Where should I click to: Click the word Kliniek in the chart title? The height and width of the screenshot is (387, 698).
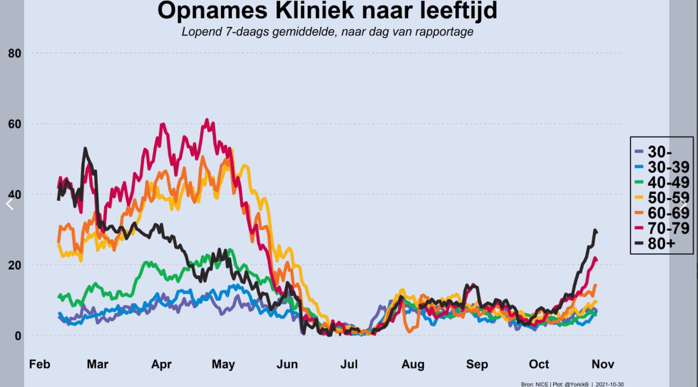point(315,10)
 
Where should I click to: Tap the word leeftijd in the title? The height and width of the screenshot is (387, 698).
point(459,10)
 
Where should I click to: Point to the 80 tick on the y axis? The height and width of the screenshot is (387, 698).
point(14,54)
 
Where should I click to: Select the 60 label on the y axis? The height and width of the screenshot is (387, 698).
point(14,124)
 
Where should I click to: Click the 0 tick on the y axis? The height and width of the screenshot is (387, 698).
point(18,336)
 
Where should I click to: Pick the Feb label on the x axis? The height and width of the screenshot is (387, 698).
point(39,364)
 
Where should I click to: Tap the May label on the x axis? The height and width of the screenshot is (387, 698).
point(223,364)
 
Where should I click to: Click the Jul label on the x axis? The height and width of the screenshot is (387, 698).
point(349,364)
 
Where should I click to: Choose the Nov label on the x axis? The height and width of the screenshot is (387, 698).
point(603,364)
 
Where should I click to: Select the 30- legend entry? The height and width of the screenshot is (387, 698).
point(654,152)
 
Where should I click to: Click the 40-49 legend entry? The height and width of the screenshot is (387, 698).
point(662,182)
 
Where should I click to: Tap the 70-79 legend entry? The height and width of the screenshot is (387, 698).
point(662,228)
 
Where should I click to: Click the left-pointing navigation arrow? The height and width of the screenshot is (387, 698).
point(9,205)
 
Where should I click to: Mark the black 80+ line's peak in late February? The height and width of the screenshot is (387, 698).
point(85,148)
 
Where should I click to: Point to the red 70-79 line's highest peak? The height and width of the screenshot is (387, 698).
point(206,120)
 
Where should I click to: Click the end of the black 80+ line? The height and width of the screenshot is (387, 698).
point(596,232)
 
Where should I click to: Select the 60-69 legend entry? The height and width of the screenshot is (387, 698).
point(662,213)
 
